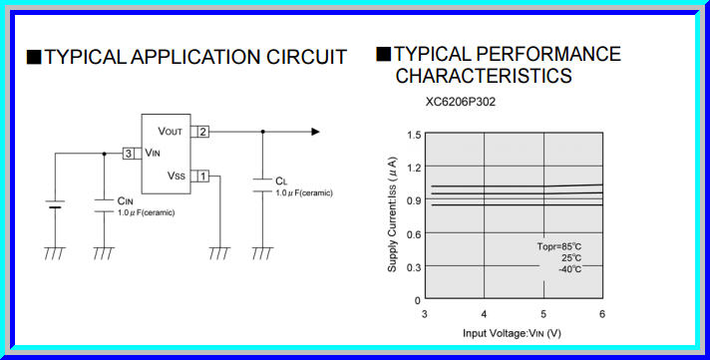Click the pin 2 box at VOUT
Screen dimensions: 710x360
pos(202,132)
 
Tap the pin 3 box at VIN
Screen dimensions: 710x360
pos(130,154)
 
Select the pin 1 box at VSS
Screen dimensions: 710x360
pos(202,176)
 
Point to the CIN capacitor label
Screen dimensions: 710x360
pos(125,200)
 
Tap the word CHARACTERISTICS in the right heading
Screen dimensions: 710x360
pos(484,76)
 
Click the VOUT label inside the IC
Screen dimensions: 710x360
pos(171,132)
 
